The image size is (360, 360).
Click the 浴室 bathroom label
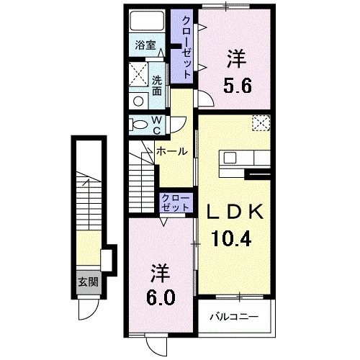[x=146, y=45]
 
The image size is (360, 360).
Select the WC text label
[x=156, y=125]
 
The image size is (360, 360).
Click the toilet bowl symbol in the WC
[x=138, y=125]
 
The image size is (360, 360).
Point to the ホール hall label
[x=172, y=152]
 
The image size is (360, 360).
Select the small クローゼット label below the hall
[x=176, y=202]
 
